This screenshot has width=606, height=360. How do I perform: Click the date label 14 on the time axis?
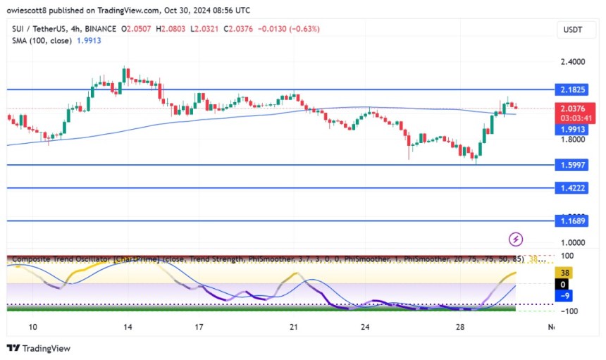coord(127,327)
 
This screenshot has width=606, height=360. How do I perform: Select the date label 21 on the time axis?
coord(294,327)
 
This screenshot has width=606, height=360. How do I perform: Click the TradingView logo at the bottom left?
coord(39,348)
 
